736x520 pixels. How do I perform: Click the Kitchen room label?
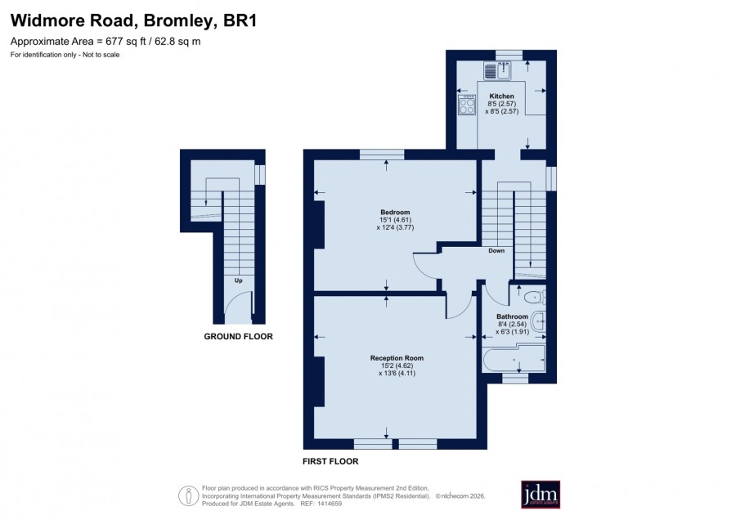501,96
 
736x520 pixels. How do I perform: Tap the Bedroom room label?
395,212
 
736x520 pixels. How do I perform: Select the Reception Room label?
397,358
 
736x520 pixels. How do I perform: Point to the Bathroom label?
512,316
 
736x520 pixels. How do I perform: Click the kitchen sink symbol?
497,71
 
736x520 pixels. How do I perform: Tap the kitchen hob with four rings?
467,105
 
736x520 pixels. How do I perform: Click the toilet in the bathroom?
535,297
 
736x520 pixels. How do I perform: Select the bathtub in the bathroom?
514,359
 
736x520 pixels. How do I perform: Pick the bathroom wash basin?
541,322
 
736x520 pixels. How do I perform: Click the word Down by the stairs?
496,251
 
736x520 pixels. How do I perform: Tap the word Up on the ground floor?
239,280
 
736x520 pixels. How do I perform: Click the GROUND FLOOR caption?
238,337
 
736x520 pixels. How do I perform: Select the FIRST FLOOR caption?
330,461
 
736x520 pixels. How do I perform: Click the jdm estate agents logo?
541,494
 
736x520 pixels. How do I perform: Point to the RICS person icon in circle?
189,495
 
